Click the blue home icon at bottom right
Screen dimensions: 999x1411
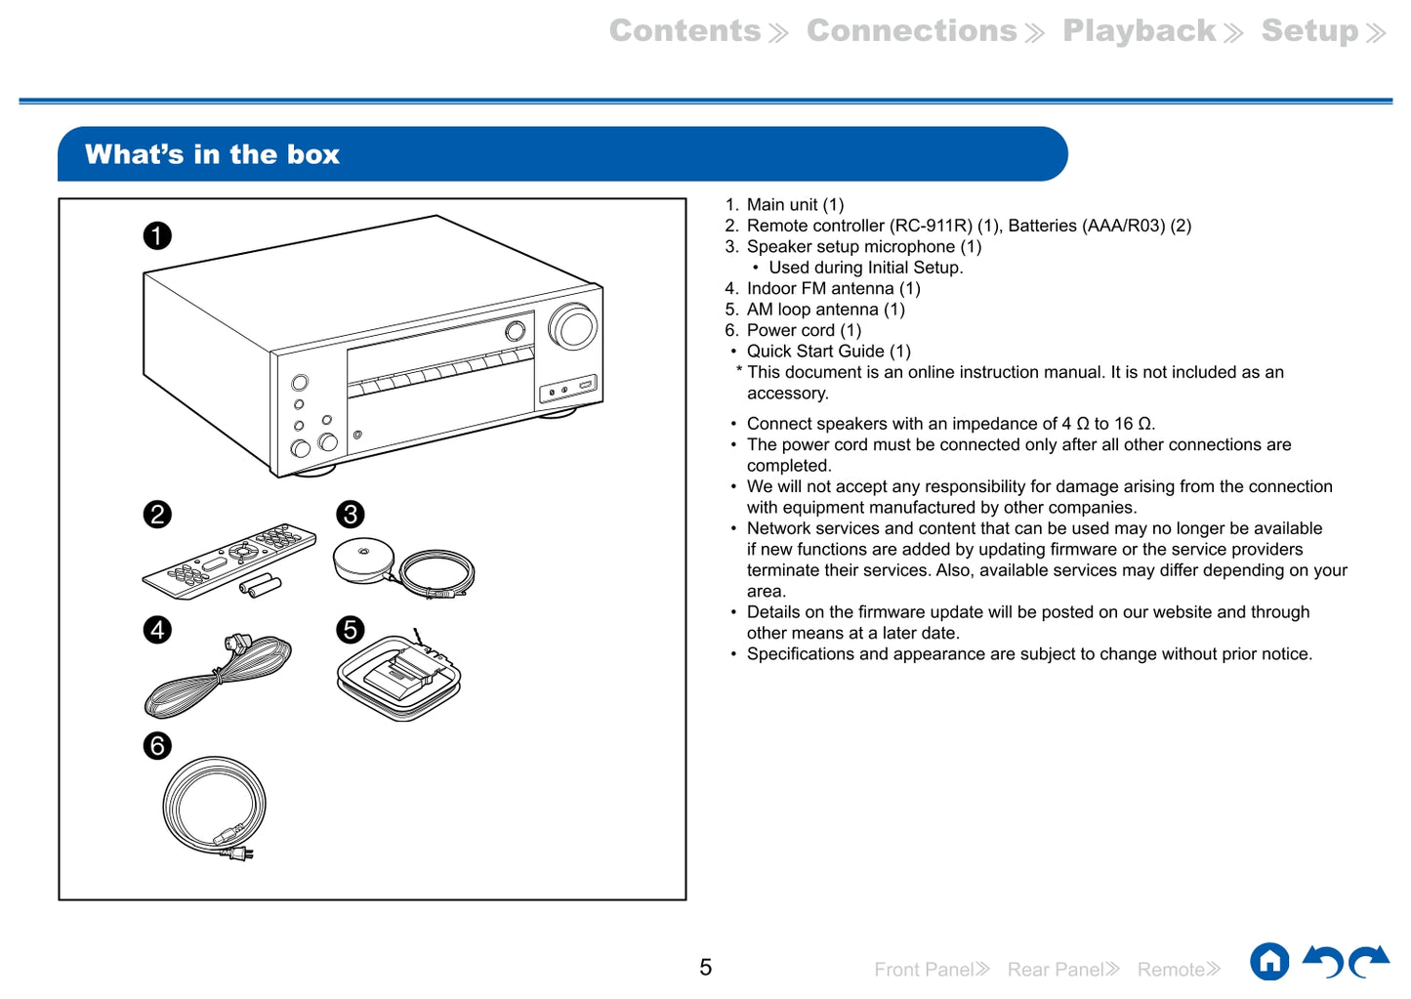1269,962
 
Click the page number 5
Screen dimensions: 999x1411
705,968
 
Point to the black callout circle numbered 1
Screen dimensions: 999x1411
157,235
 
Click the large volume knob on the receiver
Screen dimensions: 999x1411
573,326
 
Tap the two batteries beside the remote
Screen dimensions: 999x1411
261,586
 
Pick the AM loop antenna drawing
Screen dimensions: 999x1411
398,676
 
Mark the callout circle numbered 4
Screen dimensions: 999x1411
157,630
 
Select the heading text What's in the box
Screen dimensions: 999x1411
212,154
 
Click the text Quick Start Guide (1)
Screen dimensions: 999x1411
828,352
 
